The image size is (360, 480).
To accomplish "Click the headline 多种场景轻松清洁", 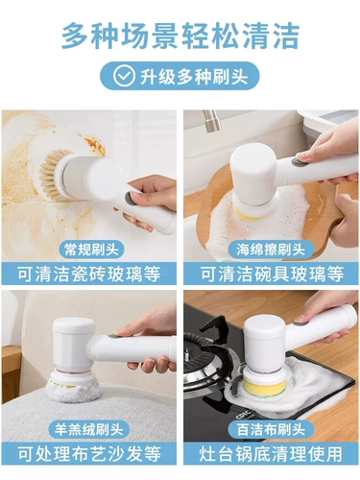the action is tap(180, 36).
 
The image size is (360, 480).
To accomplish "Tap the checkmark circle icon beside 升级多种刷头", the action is tap(124, 76).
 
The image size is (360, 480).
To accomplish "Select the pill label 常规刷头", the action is tap(91, 250).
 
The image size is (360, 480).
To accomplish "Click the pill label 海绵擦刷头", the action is tap(271, 250).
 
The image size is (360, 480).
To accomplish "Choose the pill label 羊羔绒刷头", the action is tap(89, 429).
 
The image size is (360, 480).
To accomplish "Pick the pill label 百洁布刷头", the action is tap(271, 429).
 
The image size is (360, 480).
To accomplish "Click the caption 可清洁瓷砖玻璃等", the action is tap(89, 274).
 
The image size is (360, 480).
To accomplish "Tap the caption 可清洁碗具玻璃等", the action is tap(272, 274).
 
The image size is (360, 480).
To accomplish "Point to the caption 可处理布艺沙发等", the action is tap(89, 453).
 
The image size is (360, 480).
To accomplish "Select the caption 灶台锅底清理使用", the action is tap(271, 453).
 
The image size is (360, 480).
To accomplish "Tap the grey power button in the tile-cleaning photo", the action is tap(130, 199).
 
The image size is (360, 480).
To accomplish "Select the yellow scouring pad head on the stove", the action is tap(263, 388).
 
